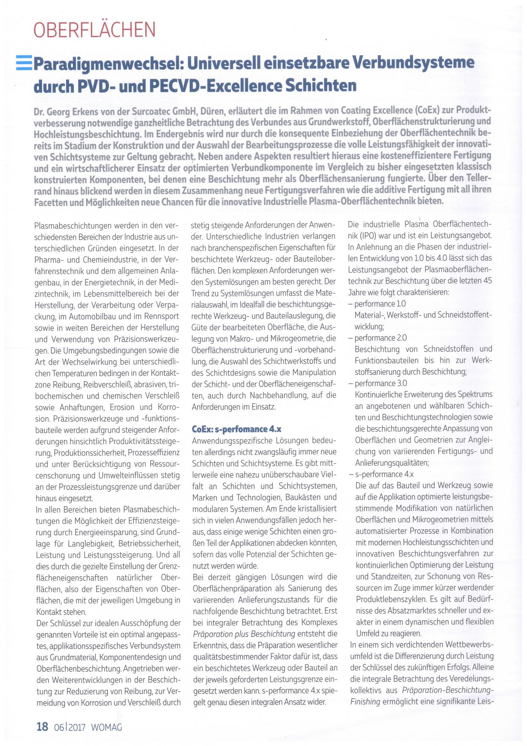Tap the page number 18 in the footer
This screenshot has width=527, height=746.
pos(42,727)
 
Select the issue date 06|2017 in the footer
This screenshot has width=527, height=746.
pos(70,727)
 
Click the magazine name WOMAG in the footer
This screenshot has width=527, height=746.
pos(107,727)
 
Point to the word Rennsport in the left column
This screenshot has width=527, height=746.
pos(162,317)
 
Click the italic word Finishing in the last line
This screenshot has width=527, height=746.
pos(365,702)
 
